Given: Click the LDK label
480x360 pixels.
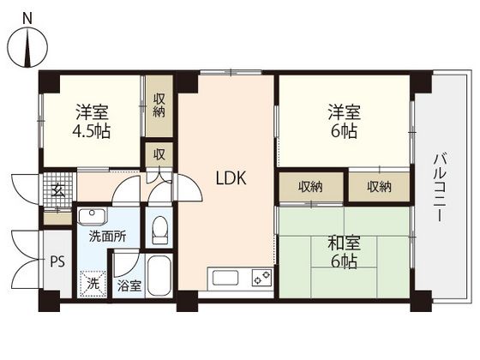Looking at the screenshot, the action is (231, 178).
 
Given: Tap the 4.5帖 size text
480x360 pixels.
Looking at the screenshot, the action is (91, 131).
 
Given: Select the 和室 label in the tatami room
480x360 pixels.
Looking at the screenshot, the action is (344, 243).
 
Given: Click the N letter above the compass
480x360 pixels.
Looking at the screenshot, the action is (27, 19).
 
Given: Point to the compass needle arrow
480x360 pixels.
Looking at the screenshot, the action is (27, 47).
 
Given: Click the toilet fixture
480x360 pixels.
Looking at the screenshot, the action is (159, 230).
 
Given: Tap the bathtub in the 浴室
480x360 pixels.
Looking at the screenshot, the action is (159, 276).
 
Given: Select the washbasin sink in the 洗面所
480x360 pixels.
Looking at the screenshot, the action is (93, 216).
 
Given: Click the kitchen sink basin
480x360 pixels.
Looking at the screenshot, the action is (225, 278).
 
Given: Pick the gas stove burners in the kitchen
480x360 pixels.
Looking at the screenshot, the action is (262, 278).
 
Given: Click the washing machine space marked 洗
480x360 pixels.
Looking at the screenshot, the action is (93, 284).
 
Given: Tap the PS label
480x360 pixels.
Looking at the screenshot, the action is (57, 262).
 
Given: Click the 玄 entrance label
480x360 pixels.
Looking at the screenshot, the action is (58, 191).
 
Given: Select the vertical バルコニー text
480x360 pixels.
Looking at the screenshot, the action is (440, 188).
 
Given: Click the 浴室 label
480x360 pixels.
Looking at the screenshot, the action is (129, 286).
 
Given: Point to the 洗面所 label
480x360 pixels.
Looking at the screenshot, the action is (107, 237).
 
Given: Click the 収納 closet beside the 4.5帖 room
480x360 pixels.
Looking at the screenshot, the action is (159, 106).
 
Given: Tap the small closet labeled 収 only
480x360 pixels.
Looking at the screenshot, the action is (159, 154).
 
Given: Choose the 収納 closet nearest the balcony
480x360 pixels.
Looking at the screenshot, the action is (379, 187).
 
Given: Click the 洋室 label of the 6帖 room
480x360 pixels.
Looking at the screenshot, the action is (344, 112).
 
